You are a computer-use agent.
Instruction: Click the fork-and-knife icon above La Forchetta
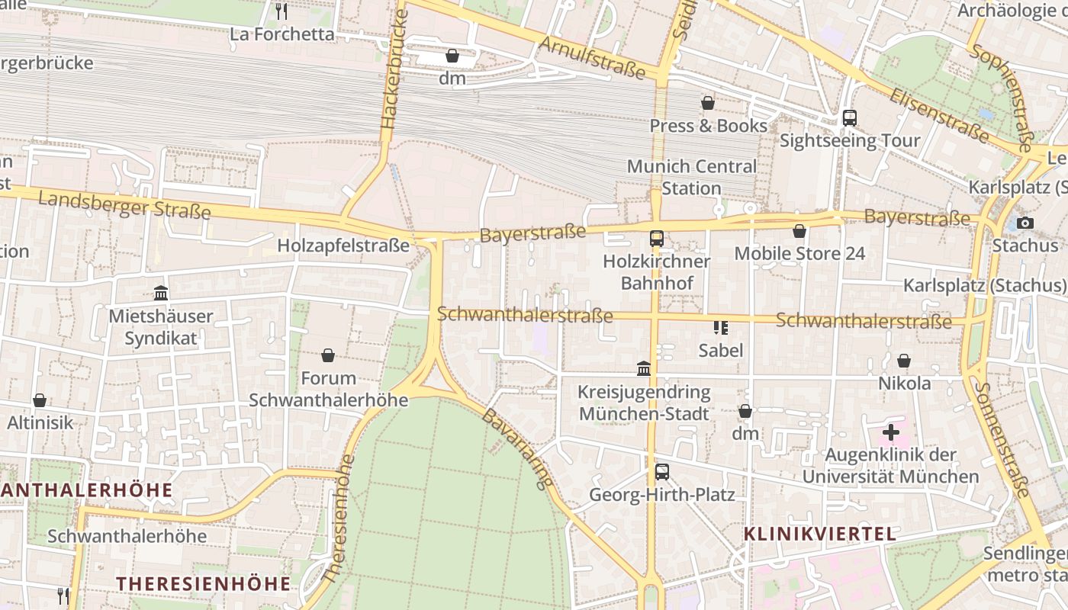281,11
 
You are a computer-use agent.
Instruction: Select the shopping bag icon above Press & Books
708,103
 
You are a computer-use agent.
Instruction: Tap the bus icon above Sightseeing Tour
849,118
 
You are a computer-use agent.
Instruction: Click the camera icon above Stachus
1025,223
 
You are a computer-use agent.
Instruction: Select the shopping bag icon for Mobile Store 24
799,231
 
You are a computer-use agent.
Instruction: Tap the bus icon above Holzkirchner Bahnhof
656,239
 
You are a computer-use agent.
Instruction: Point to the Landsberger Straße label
124,204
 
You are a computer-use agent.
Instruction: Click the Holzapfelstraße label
343,246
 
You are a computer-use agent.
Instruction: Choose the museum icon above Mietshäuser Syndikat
161,293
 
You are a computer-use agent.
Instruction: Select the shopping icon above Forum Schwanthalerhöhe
328,355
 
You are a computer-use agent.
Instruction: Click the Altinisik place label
40,422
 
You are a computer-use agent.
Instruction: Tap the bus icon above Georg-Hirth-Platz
661,472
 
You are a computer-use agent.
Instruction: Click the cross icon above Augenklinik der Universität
890,433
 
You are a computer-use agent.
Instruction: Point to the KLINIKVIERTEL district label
820,534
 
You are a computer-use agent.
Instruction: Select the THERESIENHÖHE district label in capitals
203,584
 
